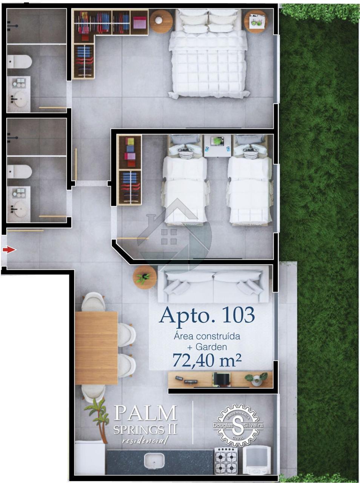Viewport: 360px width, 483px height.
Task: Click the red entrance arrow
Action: (x=9, y=250)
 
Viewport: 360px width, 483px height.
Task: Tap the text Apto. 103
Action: (x=207, y=315)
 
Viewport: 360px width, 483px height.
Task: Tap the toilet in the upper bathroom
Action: (x=19, y=62)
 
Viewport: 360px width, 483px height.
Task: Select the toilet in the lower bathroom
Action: (x=19, y=172)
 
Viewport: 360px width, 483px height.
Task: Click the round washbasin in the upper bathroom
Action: (x=19, y=99)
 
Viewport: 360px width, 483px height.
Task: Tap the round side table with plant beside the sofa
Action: (x=145, y=277)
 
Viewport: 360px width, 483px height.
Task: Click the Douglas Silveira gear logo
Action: (x=238, y=425)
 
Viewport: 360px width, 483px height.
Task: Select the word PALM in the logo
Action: (x=145, y=413)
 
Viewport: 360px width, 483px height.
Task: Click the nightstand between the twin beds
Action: (x=217, y=146)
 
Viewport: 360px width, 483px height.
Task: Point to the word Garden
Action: (x=211, y=347)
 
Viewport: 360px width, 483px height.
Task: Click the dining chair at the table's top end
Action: (x=94, y=302)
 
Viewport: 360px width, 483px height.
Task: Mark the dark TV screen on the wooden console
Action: (x=222, y=379)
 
